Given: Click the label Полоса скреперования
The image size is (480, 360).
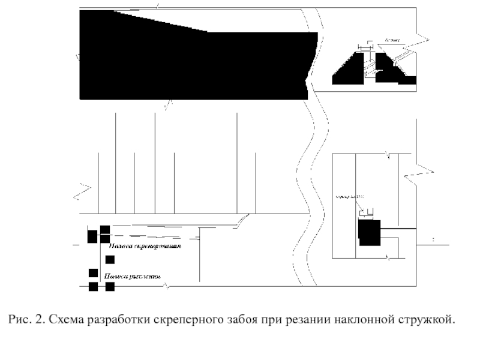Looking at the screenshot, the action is click(145, 246).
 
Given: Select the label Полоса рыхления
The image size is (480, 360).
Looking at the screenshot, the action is click(131, 277).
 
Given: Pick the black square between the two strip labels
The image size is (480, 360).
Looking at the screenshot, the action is click(110, 260).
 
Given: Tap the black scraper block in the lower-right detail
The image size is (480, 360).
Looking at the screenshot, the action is click(369, 232).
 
